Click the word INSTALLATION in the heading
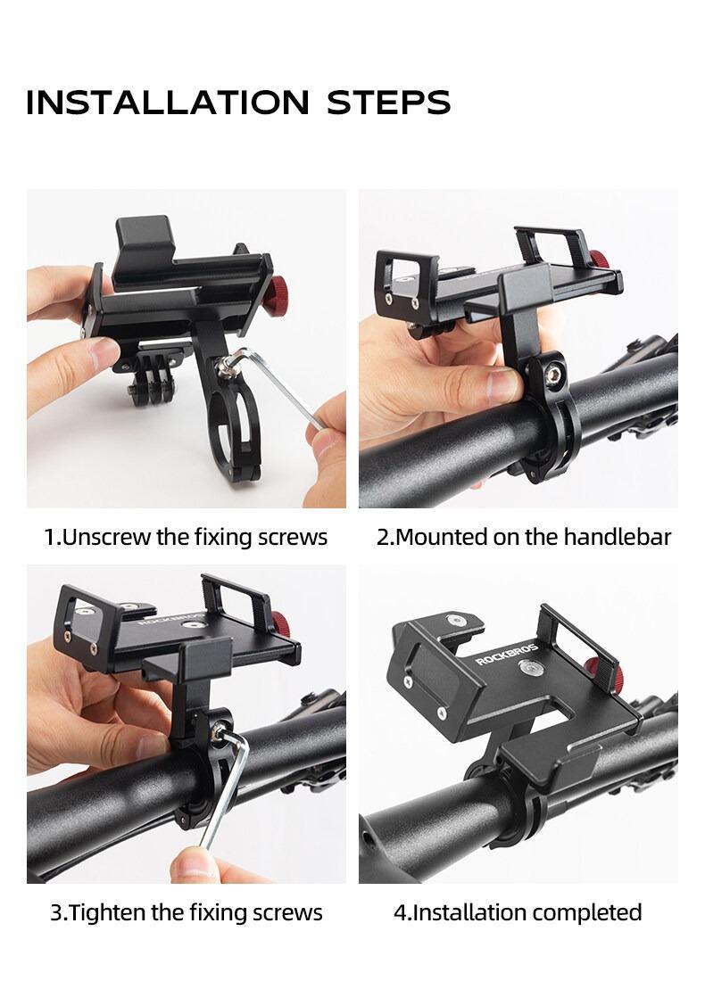168,103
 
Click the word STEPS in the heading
388,103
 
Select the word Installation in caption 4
465,913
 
